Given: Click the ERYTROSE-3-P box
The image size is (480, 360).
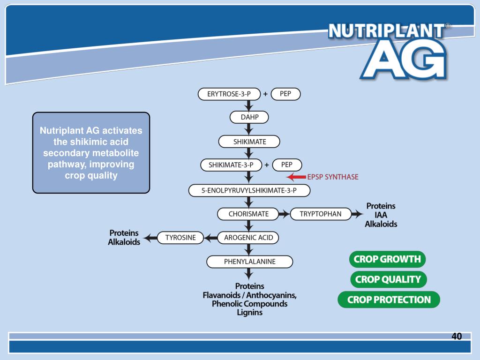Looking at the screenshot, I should (x=229, y=94).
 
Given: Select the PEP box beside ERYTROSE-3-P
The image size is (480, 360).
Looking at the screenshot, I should (x=285, y=94).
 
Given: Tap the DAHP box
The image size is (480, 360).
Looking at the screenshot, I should (x=249, y=117).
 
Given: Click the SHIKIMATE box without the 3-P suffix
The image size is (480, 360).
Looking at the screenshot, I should (x=249, y=142).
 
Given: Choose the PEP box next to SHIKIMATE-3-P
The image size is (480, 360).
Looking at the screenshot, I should (x=286, y=165).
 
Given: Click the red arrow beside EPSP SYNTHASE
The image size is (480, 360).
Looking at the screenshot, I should (x=296, y=177).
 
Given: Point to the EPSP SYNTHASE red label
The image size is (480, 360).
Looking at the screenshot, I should (x=333, y=177).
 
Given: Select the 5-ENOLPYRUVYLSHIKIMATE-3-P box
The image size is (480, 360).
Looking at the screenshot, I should (x=249, y=190).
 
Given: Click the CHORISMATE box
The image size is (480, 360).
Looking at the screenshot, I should (x=248, y=214).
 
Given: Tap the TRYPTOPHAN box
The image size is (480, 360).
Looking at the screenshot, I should (x=321, y=214).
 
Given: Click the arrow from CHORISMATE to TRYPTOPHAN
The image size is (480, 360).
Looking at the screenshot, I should (x=285, y=214).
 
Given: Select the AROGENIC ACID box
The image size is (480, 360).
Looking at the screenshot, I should (x=248, y=238).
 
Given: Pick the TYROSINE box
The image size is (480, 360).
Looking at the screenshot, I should (x=180, y=238).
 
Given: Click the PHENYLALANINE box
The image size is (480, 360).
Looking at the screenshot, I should (x=249, y=262).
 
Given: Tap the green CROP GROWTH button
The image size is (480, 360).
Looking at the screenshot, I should (x=387, y=259).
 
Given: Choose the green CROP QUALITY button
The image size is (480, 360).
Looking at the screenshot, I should (x=388, y=279).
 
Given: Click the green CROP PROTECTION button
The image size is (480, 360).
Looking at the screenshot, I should (x=389, y=300).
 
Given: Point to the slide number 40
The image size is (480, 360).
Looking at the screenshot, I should (x=457, y=336).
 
